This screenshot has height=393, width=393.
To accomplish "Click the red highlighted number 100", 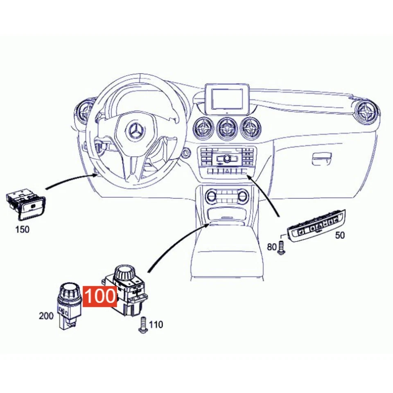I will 100,296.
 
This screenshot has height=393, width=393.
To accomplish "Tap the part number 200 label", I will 46,316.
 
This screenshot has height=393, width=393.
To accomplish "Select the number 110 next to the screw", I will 156,325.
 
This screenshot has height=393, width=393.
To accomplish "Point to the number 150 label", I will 22,229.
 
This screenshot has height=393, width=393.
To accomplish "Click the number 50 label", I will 340,235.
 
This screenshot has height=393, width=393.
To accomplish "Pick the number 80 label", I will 272,247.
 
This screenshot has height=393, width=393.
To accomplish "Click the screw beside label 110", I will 143,325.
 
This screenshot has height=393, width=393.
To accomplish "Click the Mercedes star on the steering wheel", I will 135,131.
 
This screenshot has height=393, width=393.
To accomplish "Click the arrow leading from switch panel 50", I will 266,196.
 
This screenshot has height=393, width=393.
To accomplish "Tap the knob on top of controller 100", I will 124,273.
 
